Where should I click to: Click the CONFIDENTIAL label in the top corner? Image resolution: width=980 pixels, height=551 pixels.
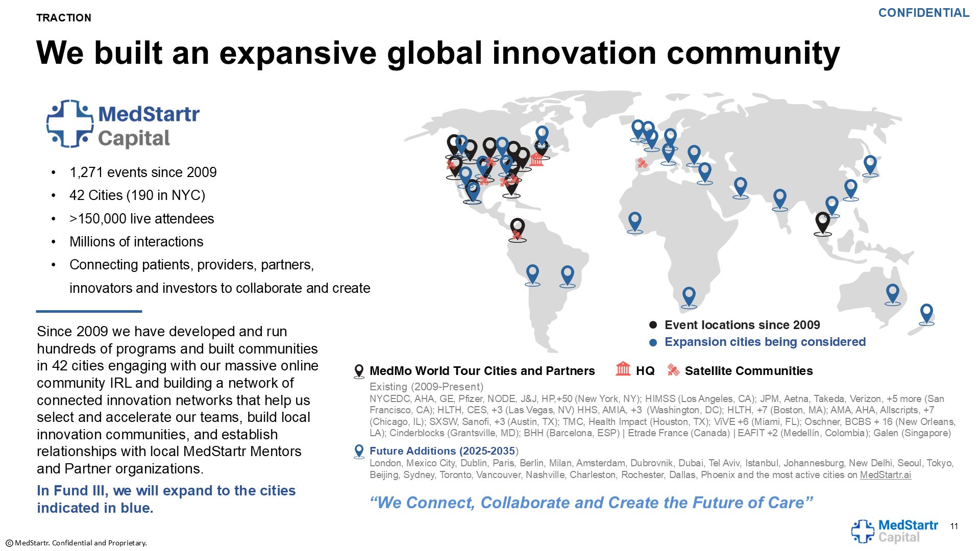(923, 13)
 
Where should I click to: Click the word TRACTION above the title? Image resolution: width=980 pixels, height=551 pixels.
(64, 18)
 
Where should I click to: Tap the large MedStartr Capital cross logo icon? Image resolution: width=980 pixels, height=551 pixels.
(70, 124)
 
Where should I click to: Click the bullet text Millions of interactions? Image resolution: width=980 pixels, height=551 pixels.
(136, 242)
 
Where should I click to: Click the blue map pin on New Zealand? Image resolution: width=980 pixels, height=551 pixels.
(926, 313)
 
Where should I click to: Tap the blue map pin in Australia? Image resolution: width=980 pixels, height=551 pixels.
(892, 293)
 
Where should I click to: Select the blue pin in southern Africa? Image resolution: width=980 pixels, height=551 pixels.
(689, 296)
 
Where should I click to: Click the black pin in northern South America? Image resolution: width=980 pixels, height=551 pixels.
(518, 229)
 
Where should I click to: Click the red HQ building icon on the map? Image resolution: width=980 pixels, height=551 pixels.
(536, 159)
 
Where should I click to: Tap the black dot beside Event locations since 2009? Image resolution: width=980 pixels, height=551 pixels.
(653, 325)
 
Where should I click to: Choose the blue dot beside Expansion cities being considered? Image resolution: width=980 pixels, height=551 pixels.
(653, 342)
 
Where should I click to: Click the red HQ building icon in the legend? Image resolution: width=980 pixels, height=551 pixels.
(623, 368)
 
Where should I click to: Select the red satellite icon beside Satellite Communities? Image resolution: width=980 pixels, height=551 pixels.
(673, 370)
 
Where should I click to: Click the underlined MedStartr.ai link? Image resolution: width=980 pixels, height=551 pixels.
(886, 475)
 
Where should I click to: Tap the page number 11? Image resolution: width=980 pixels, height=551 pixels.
(954, 527)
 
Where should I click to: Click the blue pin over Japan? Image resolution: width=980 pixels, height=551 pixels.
(870, 165)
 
